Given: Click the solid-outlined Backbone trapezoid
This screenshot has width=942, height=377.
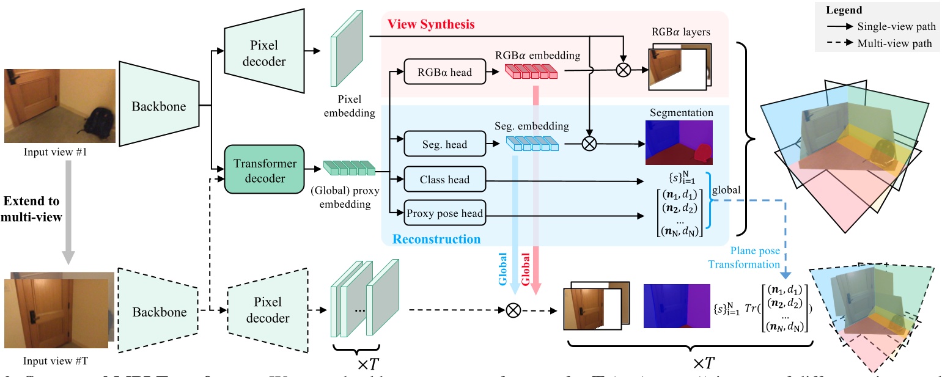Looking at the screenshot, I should (x=158, y=107).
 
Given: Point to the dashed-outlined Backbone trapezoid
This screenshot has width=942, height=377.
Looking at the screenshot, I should (x=158, y=312).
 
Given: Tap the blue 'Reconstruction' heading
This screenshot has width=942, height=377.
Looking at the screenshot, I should (x=436, y=239).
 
